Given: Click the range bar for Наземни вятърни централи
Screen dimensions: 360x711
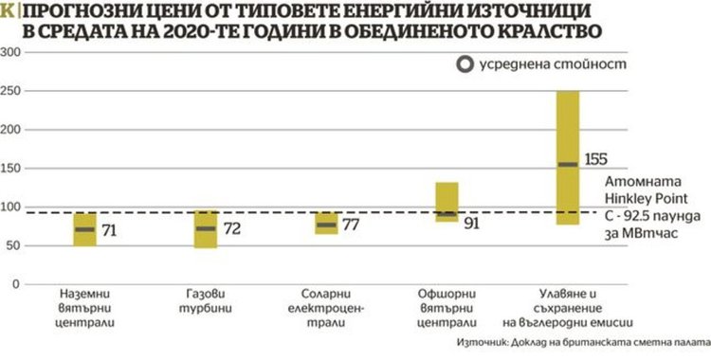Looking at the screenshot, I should [x=85, y=229].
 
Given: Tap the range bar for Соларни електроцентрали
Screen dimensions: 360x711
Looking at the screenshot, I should [x=326, y=224].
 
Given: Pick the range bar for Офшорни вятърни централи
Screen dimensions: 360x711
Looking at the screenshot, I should [x=447, y=201].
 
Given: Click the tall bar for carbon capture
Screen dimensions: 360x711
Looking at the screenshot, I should [x=568, y=157].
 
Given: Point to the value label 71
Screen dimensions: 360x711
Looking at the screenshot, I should [x=110, y=229].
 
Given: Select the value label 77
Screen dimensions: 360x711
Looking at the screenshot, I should [x=351, y=225].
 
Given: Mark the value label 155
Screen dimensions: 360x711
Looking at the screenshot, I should [x=597, y=158].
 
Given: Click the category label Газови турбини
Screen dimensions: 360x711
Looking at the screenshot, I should [x=205, y=302].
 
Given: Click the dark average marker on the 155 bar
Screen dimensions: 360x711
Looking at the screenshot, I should [x=568, y=165].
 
